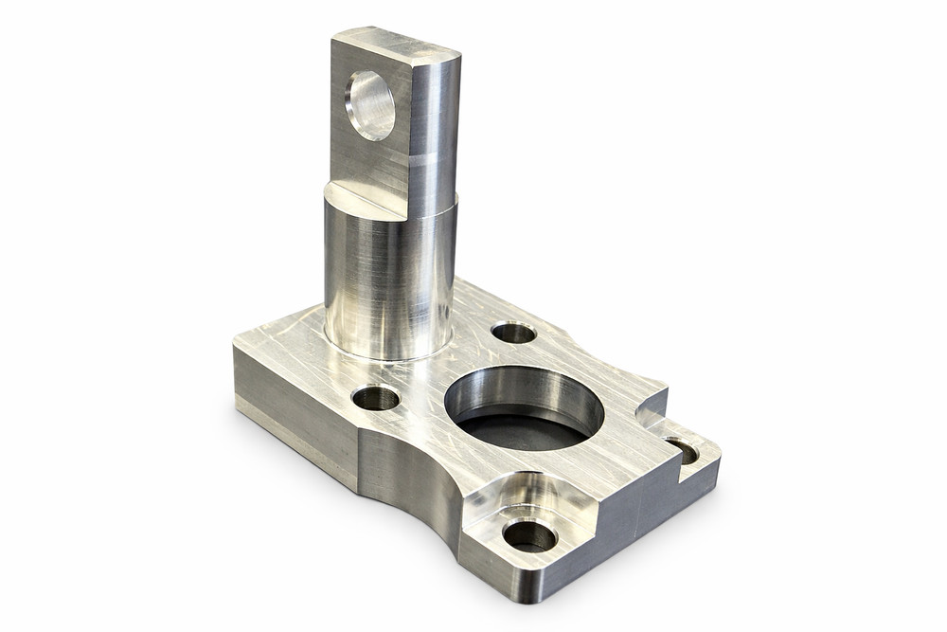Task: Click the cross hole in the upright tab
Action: tap(370, 105)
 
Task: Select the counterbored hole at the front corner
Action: tap(529, 535)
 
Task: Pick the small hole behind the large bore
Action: tap(514, 333)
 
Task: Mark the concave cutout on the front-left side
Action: tap(412, 474)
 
